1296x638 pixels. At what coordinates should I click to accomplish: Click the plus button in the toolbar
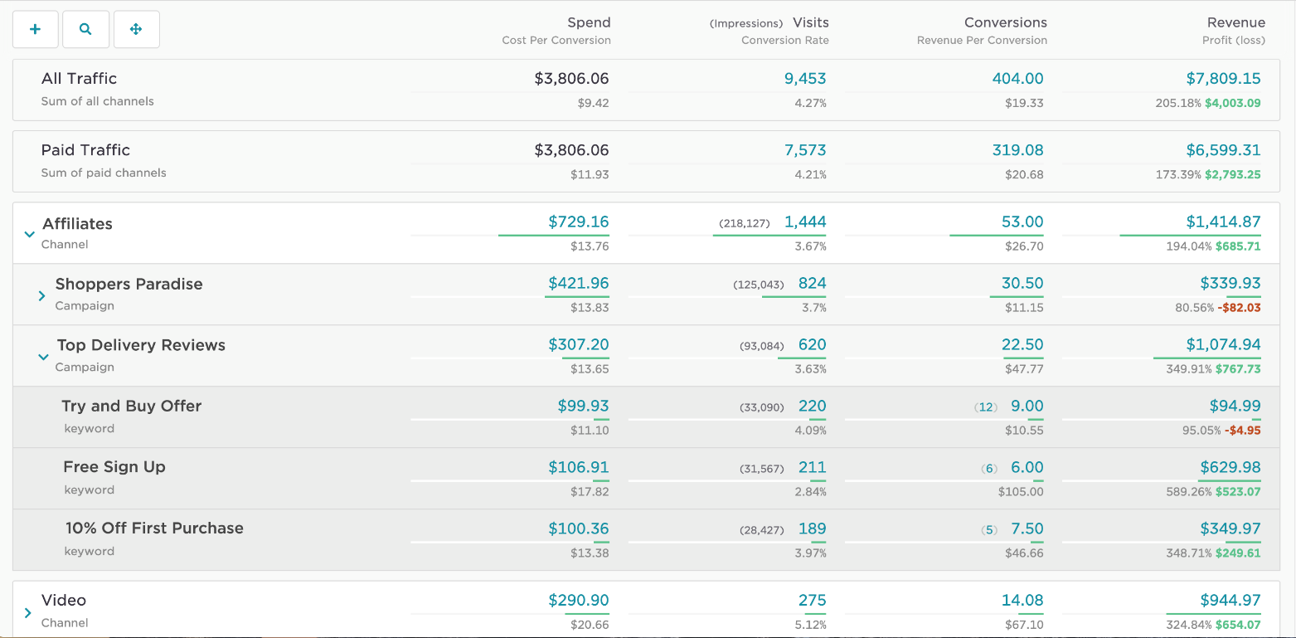pyautogui.click(x=35, y=29)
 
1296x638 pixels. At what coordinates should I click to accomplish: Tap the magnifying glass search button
pyautogui.click(x=85, y=29)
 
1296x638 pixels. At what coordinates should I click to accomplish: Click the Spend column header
pyautogui.click(x=589, y=22)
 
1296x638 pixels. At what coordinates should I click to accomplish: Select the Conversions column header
pyautogui.click(x=1005, y=22)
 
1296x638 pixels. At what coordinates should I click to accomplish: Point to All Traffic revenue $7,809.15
pyautogui.click(x=1223, y=79)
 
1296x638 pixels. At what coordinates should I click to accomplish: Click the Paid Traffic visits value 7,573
pyautogui.click(x=805, y=150)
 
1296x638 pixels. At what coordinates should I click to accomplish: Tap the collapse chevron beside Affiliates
pyautogui.click(x=30, y=234)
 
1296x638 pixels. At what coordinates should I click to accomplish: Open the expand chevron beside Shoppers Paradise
pyautogui.click(x=41, y=295)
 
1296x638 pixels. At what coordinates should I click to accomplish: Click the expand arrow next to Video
pyautogui.click(x=28, y=613)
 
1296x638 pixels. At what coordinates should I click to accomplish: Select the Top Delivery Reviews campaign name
pyautogui.click(x=141, y=345)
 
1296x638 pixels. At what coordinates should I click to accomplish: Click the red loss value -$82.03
pyautogui.click(x=1239, y=308)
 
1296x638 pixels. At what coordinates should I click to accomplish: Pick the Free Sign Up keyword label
pyautogui.click(x=114, y=467)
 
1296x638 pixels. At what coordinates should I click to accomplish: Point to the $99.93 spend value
pyautogui.click(x=583, y=406)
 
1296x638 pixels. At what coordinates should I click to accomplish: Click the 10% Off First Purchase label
pyautogui.click(x=154, y=528)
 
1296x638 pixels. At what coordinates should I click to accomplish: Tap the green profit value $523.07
pyautogui.click(x=1238, y=492)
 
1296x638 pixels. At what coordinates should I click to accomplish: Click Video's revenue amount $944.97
pyautogui.click(x=1230, y=600)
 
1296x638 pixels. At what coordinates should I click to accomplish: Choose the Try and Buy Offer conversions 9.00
pyautogui.click(x=1027, y=406)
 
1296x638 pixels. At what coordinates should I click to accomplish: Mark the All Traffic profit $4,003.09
pyautogui.click(x=1232, y=104)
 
